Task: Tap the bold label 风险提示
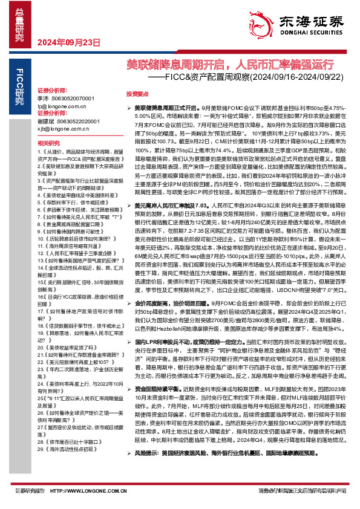145,469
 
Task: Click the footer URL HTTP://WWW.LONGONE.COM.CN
88,490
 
